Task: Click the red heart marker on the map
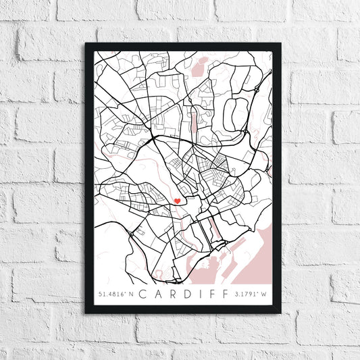click(177, 201)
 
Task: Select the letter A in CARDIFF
click(157, 294)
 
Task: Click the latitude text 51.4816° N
click(117, 294)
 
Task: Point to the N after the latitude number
click(132, 294)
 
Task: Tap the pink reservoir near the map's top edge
click(200, 66)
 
